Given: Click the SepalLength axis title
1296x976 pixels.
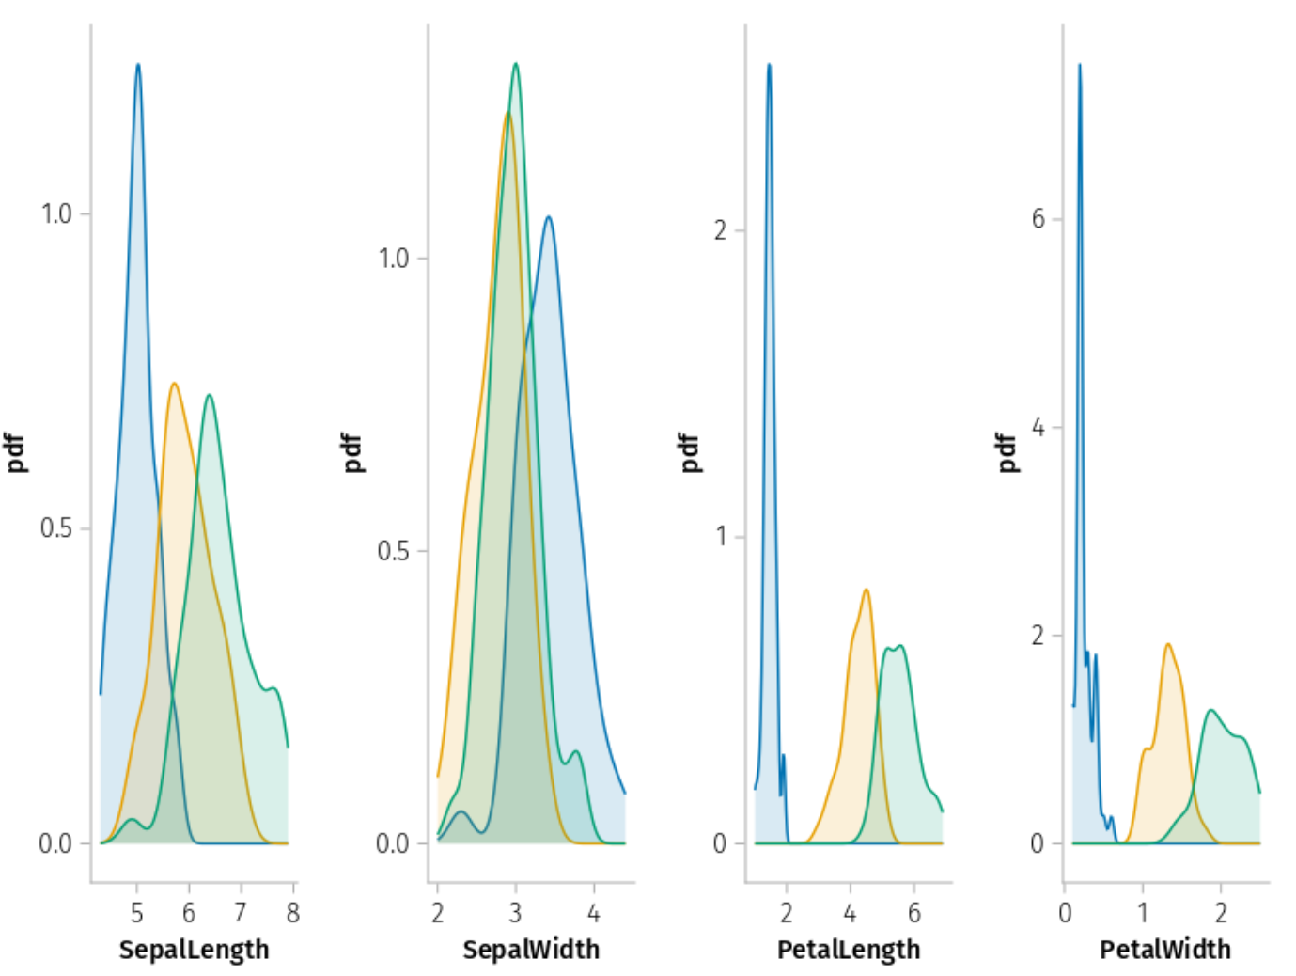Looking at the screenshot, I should (x=194, y=950).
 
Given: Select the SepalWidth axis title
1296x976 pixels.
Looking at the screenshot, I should (x=531, y=950).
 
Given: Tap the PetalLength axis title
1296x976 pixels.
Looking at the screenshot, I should (x=849, y=950).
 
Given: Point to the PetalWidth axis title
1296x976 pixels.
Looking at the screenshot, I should (x=1165, y=950).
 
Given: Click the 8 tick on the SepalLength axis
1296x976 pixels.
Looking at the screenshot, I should (x=293, y=912).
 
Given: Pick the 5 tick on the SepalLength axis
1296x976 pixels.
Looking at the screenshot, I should (x=137, y=912).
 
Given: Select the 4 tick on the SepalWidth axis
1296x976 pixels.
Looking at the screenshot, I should (x=593, y=912).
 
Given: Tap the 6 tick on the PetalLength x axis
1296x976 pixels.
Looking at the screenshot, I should (x=913, y=912).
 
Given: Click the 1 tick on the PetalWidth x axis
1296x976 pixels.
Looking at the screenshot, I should (x=1143, y=912).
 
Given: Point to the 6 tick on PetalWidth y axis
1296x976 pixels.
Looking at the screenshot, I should (x=1038, y=219).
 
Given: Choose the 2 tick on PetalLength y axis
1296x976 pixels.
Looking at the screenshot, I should (x=720, y=230).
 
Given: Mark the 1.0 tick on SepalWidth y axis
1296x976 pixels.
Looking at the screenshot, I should (x=394, y=259).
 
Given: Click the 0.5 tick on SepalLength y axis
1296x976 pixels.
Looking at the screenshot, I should (x=56, y=528).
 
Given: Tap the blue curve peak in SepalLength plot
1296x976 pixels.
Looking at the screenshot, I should (x=138, y=65).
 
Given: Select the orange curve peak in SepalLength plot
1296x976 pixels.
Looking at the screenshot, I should (x=174, y=384).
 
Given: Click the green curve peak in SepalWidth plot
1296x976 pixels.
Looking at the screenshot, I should (x=515, y=64).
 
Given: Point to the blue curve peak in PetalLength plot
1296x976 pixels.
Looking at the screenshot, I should (x=769, y=65).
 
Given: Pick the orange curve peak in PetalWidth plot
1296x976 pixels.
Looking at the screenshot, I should (x=1167, y=645).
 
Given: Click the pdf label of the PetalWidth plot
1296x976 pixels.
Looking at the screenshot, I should (x=1007, y=452).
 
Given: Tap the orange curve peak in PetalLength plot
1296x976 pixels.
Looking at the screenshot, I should (x=866, y=590).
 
